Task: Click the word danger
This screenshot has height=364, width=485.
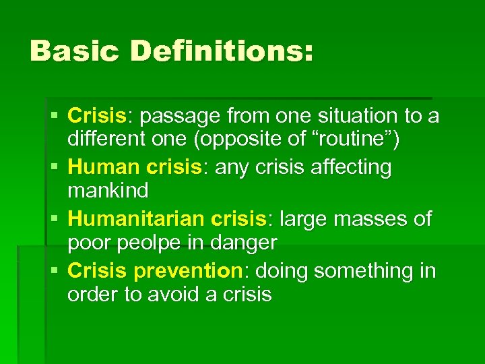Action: [243, 242]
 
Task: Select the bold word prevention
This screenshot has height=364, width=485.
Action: [188, 272]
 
